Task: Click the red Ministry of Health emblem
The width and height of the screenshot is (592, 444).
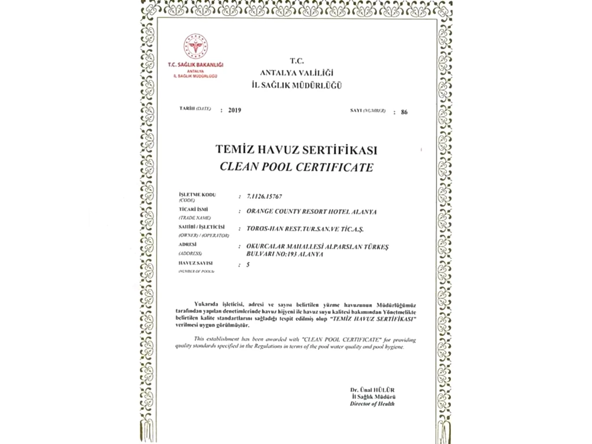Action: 195,46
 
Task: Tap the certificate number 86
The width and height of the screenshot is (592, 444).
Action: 404,112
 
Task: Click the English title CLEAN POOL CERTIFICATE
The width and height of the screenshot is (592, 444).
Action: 296,168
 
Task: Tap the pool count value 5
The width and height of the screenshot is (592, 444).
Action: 248,264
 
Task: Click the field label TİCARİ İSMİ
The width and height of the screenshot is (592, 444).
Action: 194,208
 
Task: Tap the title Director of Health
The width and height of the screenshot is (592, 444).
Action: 372,404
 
